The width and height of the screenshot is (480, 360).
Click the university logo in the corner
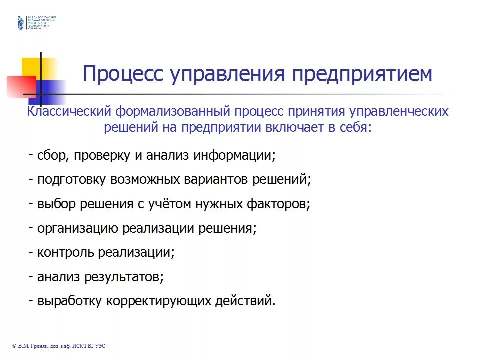[20, 23]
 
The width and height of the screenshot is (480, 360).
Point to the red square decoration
[21, 87]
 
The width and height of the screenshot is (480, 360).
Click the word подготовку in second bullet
[70, 179]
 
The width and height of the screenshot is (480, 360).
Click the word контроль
[65, 252]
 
